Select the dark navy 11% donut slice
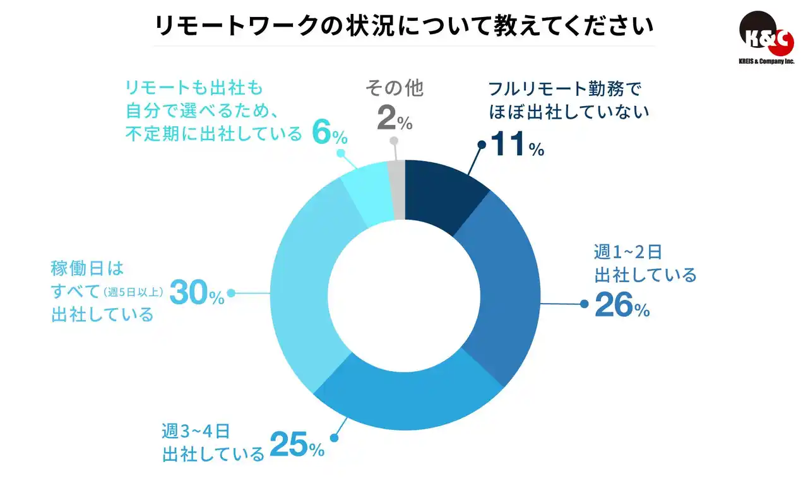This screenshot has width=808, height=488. [x=442, y=193]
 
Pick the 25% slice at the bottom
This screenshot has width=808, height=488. [x=404, y=395]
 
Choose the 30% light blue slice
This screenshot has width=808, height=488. [x=303, y=284]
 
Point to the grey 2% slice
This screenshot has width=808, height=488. [x=396, y=189]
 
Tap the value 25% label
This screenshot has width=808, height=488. [x=297, y=446]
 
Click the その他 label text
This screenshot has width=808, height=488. [x=395, y=88]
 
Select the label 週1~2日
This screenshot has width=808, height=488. [x=628, y=252]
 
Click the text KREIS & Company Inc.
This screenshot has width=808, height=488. [x=766, y=61]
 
